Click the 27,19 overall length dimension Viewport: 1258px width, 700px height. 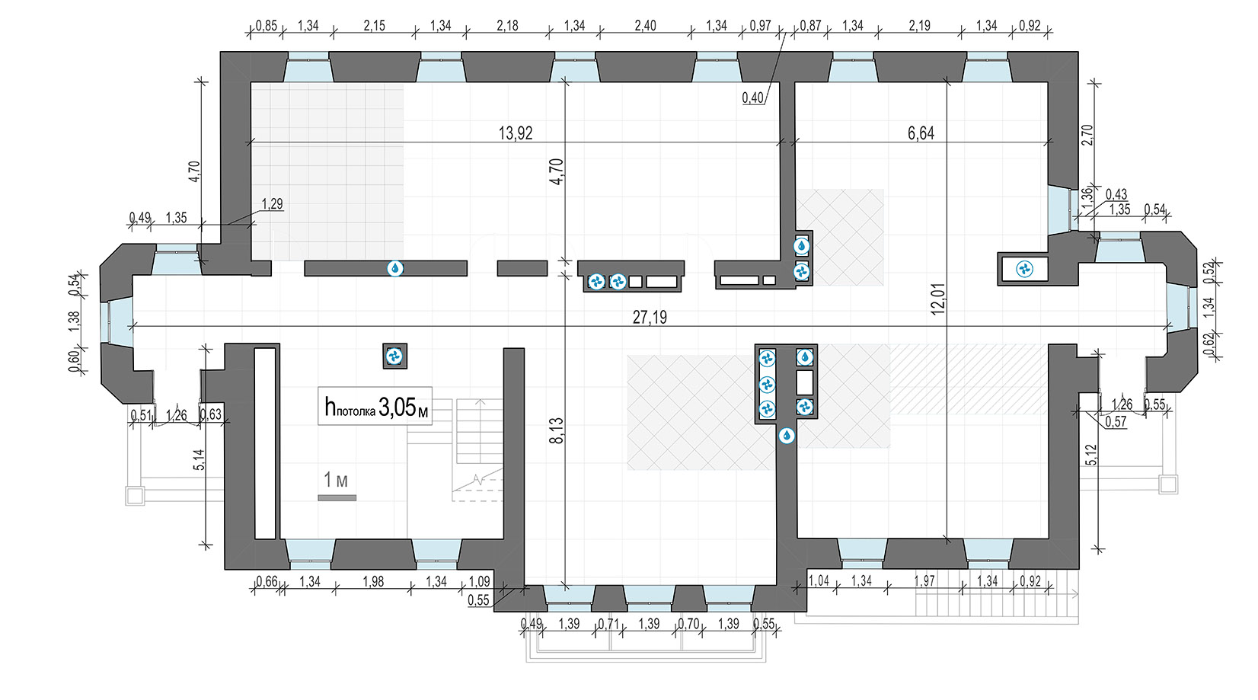(x=650, y=318)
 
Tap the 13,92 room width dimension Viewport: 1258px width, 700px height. (x=516, y=133)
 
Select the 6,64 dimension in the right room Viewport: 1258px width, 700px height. (x=921, y=133)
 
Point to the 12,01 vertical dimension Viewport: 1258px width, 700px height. (x=938, y=299)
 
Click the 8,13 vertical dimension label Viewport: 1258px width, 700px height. (x=556, y=431)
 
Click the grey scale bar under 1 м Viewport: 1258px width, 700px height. (x=337, y=497)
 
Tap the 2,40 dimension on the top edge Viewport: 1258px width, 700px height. (x=645, y=25)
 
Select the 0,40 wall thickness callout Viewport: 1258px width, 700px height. (x=753, y=97)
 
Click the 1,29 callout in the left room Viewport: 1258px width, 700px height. (x=273, y=203)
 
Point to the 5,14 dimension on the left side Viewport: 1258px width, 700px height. (x=199, y=459)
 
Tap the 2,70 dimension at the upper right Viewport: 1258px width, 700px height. (x=1087, y=135)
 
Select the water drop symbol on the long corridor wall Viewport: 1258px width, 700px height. (x=395, y=269)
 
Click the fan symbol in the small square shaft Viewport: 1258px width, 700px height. (x=394, y=356)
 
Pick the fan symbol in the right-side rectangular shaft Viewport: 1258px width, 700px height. (x=1025, y=270)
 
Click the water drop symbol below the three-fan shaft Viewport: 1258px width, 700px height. (x=787, y=436)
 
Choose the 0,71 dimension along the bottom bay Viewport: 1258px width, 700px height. (x=608, y=624)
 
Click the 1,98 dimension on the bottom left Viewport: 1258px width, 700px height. (x=373, y=581)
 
